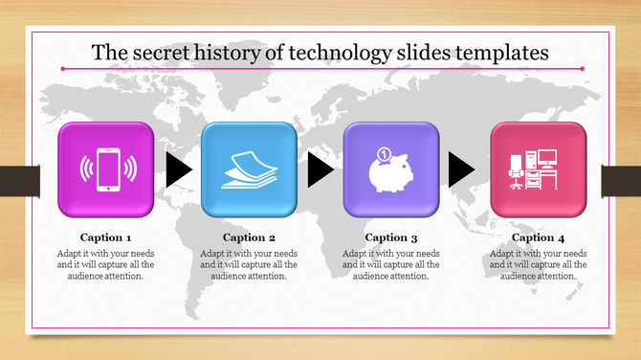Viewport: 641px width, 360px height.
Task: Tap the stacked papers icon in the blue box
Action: [249, 169]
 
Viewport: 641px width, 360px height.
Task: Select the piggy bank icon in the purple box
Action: [390, 172]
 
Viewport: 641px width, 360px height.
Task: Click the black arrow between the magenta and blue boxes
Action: [177, 170]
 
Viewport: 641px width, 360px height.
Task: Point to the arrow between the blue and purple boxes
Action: [320, 170]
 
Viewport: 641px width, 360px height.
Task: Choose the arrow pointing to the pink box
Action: [461, 170]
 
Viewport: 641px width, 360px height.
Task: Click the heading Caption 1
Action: [105, 236]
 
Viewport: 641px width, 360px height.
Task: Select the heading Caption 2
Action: [249, 236]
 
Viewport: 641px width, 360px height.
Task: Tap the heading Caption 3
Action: [392, 236]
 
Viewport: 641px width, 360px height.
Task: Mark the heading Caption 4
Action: [538, 236]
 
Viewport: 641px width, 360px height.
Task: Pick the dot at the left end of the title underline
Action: [62, 69]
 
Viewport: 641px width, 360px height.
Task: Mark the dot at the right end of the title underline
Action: [582, 69]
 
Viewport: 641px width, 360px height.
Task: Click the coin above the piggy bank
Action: [382, 154]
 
